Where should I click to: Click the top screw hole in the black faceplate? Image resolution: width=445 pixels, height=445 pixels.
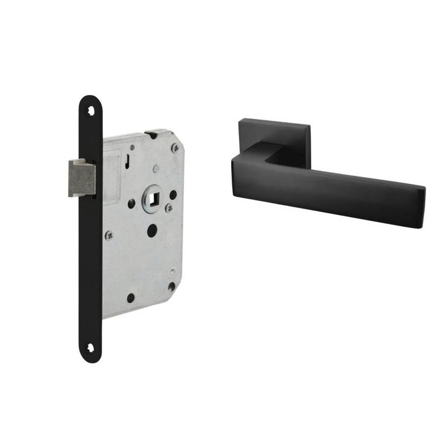[x=91, y=111]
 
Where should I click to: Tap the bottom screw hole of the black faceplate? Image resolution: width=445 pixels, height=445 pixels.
[x=91, y=348]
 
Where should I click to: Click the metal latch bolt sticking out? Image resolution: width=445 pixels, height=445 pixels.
[x=81, y=177]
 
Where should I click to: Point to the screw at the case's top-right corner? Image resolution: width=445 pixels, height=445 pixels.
[x=175, y=147]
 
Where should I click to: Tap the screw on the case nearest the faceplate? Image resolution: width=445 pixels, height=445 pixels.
[x=109, y=234]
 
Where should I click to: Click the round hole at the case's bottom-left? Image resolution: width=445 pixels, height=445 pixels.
[x=131, y=298]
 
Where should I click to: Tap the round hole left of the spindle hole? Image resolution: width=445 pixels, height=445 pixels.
[x=131, y=202]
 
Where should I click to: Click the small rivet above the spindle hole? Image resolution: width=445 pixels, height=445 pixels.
[x=156, y=169]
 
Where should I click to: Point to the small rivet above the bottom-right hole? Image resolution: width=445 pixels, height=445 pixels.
[x=173, y=268]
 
